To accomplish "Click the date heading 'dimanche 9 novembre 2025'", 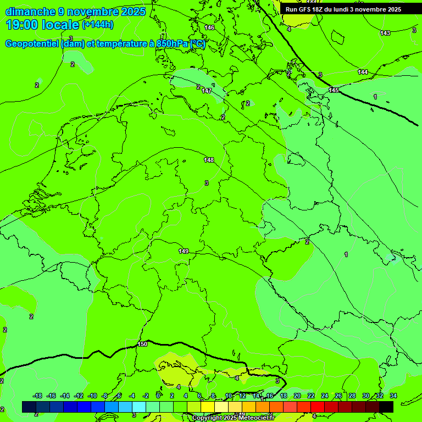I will (x=75, y=12).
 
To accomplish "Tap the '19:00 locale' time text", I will (x=43, y=25).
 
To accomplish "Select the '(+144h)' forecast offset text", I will (x=98, y=25).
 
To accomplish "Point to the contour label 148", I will (x=209, y=160).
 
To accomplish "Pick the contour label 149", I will (x=184, y=251).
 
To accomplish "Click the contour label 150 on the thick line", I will (x=142, y=344).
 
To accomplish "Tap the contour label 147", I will (x=207, y=91).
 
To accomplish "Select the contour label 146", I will (x=209, y=27).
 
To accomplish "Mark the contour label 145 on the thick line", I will (x=334, y=90).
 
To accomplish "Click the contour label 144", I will (x=363, y=72).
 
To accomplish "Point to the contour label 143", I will (x=385, y=33).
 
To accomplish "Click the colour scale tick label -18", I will (x=37, y=396).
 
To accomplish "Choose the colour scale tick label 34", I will (x=393, y=396).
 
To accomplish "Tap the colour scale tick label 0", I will (x=158, y=396).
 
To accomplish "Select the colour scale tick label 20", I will (x=297, y=396).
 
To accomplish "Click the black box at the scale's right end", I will (x=386, y=407).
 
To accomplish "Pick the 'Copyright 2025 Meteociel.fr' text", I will (x=233, y=418).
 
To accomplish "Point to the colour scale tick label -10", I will (x=92, y=396).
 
